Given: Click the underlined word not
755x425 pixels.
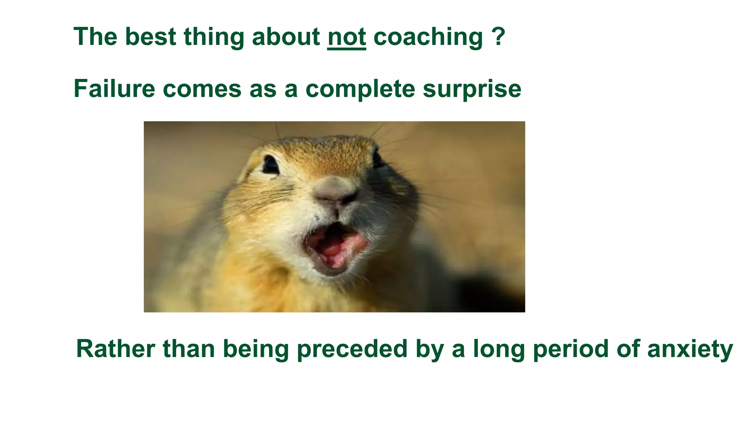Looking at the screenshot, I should (347, 37).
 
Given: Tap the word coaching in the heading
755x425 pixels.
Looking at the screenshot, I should (428, 38).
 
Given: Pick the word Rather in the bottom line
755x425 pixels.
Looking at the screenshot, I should (115, 349).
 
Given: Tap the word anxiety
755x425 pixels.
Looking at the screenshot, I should (690, 349).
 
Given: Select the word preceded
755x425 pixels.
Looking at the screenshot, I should (352, 349).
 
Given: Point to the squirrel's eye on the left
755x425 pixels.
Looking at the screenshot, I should (271, 165).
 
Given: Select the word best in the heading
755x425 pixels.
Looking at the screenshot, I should (150, 37).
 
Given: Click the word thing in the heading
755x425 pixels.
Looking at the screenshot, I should (214, 38).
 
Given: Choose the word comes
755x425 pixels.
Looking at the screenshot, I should (202, 89).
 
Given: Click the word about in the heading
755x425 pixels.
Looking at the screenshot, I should (286, 37).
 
